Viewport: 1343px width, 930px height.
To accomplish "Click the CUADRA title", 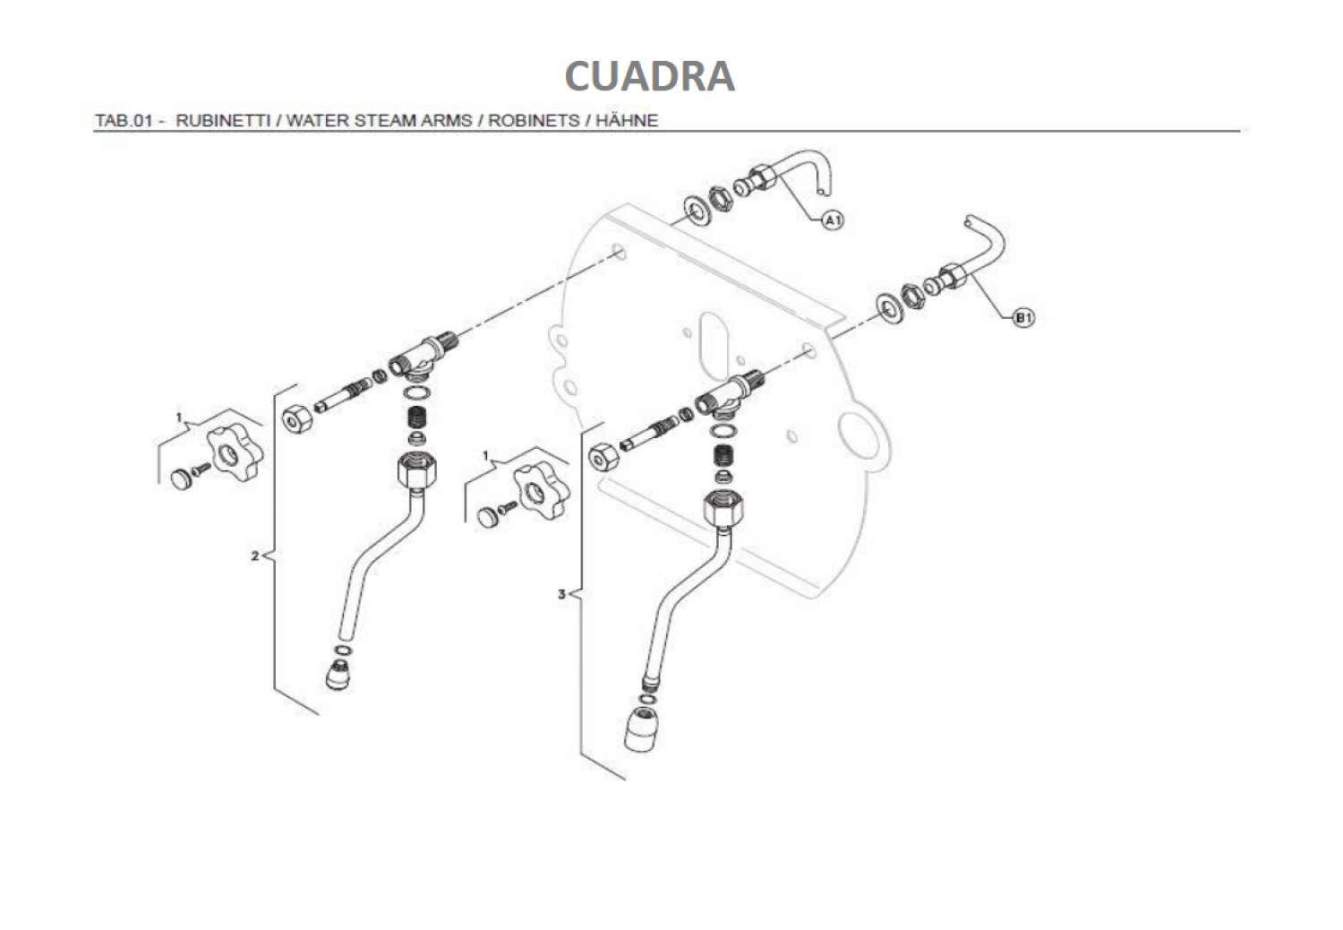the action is click(649, 76).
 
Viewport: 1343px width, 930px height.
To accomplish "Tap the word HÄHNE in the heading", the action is click(627, 121).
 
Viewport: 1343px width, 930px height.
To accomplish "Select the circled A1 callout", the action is click(832, 220).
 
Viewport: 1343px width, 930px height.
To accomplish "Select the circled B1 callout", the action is click(1023, 317).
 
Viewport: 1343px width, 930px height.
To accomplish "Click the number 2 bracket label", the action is click(255, 556).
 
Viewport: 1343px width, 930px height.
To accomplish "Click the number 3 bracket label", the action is click(561, 594).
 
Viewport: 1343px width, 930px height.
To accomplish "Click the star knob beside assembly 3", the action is click(542, 491).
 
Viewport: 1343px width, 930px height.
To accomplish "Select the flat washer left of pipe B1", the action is click(888, 308).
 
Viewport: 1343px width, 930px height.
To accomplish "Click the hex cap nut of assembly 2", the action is click(296, 418).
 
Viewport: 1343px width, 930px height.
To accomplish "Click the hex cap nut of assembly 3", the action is click(603, 458).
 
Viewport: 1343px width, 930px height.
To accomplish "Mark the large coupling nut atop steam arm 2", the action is click(416, 469).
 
